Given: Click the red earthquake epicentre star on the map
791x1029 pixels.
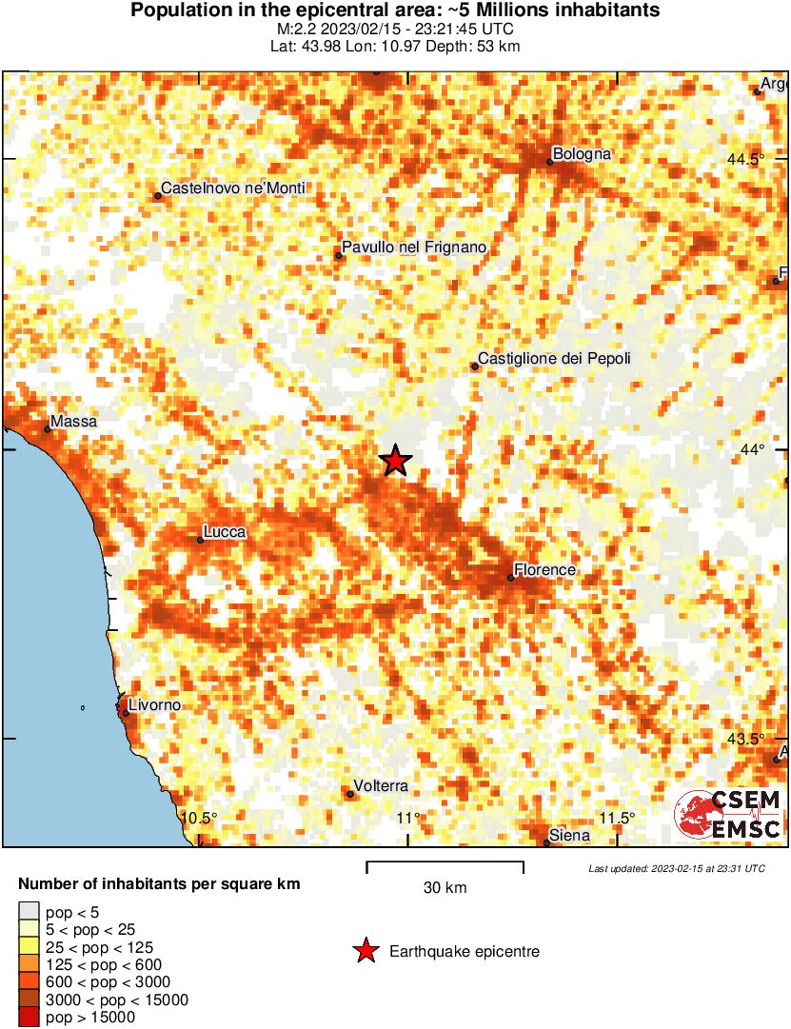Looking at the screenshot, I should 395,461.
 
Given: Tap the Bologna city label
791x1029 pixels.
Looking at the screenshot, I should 582,153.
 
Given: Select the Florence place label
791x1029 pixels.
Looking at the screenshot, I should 544,570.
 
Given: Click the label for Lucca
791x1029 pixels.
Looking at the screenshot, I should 225,532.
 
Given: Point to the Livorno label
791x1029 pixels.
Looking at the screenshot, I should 155,705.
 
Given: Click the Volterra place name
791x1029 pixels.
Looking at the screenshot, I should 381,786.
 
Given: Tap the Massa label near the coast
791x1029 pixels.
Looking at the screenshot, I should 73,421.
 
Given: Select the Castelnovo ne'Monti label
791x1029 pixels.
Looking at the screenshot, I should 233,188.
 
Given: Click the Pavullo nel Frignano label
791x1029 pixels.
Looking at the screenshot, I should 414,247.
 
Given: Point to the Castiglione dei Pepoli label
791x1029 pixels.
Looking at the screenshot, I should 554,359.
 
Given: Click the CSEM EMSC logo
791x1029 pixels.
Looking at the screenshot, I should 728,815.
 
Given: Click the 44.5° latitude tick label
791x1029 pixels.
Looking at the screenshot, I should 745,159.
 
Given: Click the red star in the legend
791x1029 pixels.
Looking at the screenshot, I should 365,950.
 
